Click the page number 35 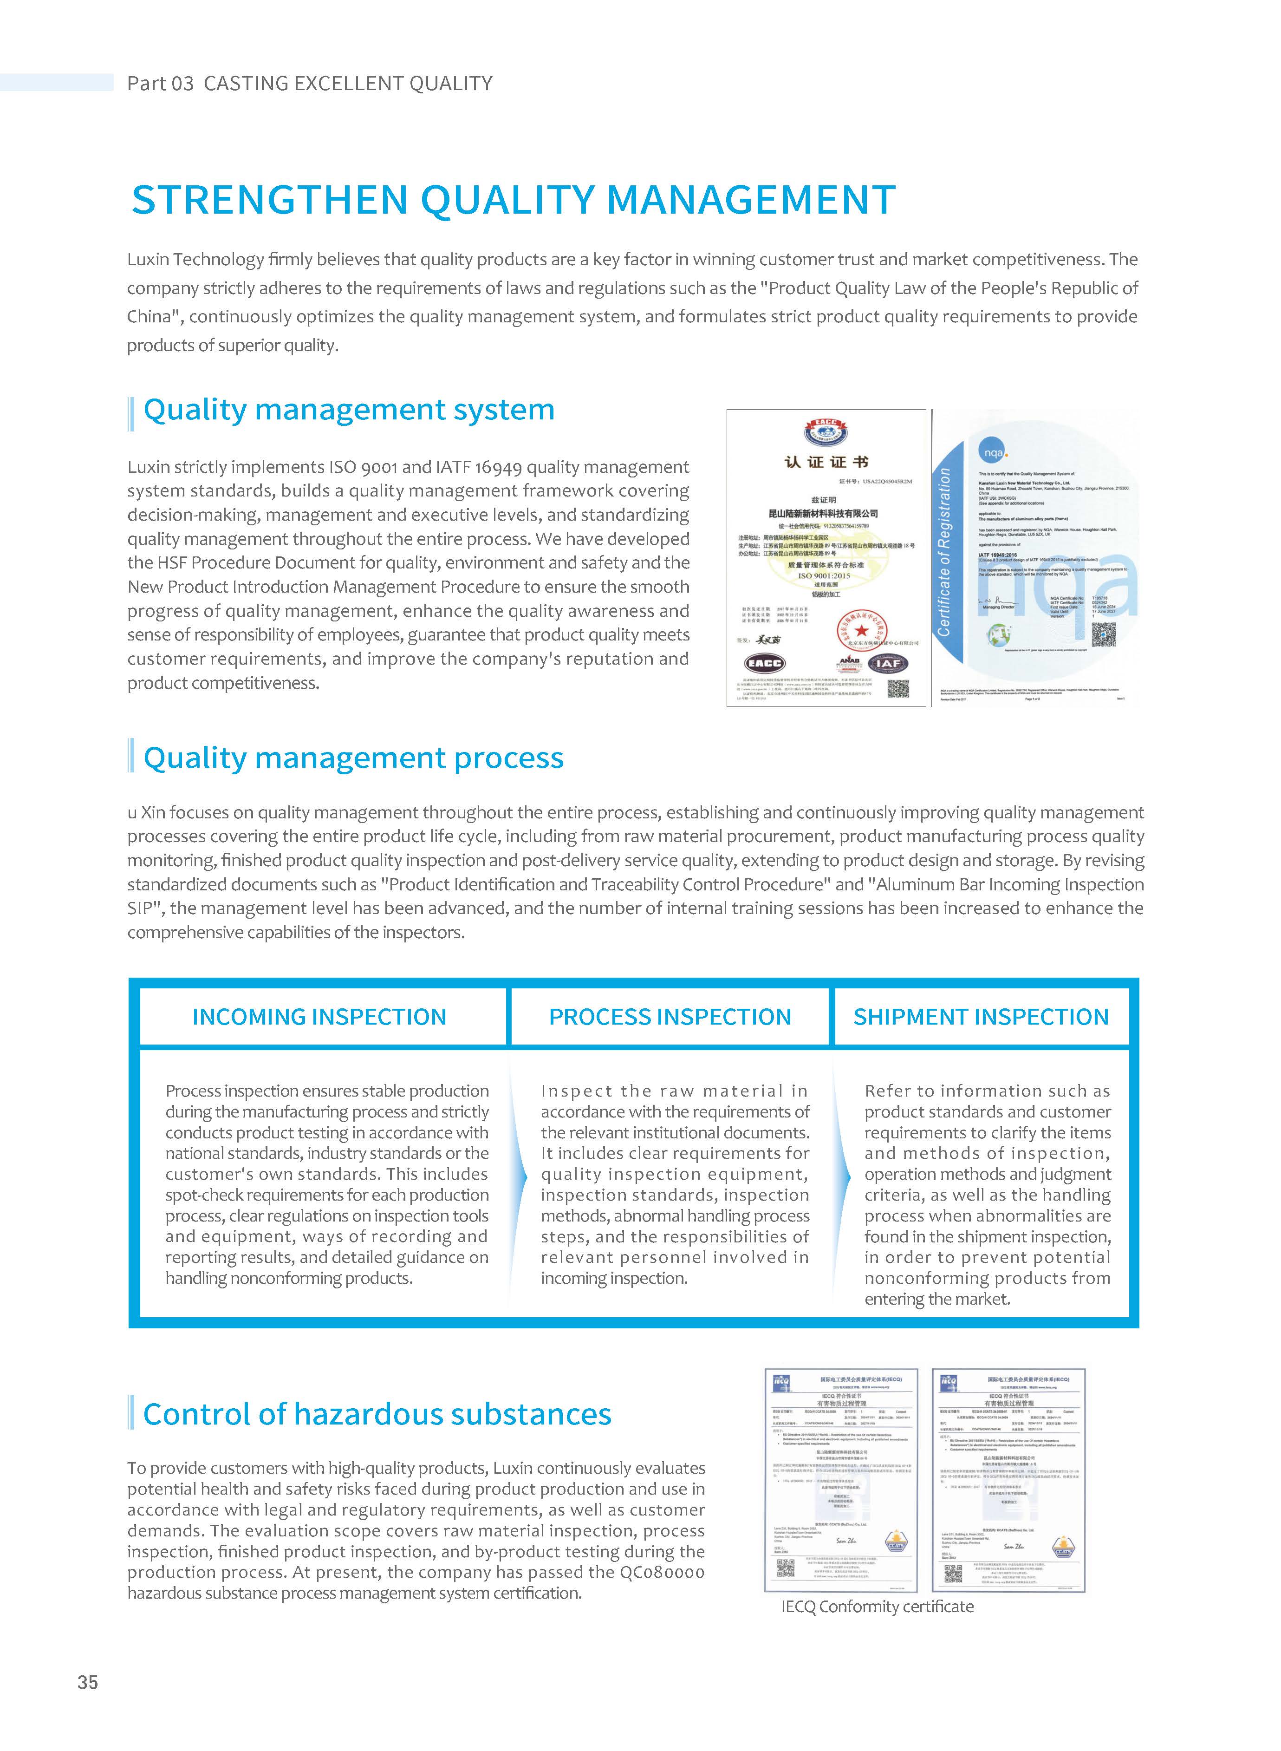[x=88, y=1682]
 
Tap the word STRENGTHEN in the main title [x=269, y=200]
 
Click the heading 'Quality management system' [x=349, y=410]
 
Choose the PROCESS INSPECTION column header [x=670, y=1017]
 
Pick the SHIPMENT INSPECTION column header [x=981, y=1017]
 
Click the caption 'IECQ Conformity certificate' [x=877, y=1606]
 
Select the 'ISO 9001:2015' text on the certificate [x=824, y=575]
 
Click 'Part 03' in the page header [x=160, y=83]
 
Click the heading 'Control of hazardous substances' [x=377, y=1414]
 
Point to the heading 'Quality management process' [x=354, y=758]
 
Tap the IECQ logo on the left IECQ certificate [x=781, y=1381]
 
